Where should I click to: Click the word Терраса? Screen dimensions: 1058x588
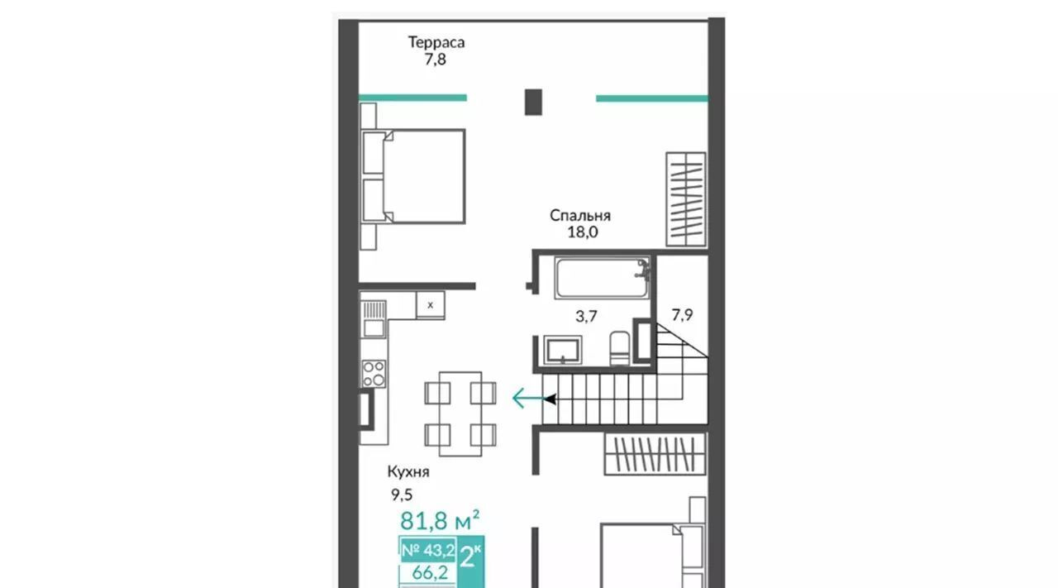tap(436, 42)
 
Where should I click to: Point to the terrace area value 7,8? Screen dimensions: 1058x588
tap(435, 60)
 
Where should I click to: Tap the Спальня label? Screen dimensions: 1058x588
tap(580, 216)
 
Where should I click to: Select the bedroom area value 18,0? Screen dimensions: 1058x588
tap(583, 232)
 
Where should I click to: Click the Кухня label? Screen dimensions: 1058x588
tap(408, 471)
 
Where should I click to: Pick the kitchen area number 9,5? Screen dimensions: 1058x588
tap(402, 495)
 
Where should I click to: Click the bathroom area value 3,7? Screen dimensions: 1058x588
tap(586, 316)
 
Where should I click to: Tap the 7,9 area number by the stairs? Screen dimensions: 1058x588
tap(682, 315)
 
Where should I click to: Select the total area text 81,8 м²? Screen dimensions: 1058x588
tap(440, 520)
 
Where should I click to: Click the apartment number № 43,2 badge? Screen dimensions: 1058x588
tap(428, 550)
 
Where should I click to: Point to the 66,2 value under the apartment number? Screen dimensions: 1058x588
tap(430, 573)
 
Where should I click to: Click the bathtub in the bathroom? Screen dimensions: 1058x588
tap(602, 277)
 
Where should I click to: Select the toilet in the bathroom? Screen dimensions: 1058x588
tap(619, 348)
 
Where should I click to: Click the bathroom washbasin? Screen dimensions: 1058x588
tap(563, 350)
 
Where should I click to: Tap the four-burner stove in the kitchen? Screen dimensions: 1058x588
tap(374, 374)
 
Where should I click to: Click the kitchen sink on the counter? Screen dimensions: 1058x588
tap(374, 319)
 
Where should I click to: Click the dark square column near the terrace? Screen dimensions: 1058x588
tap(533, 102)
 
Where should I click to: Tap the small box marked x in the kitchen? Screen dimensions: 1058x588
tap(431, 305)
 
